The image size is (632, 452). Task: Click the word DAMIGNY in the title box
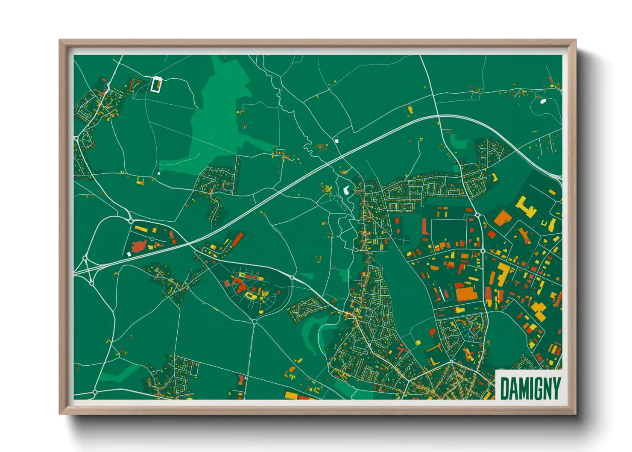coord(530,388)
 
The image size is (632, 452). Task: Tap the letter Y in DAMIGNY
coord(555,388)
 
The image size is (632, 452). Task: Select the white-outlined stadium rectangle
coord(157,84)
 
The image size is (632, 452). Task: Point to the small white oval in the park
coord(543,101)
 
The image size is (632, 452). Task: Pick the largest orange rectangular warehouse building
coord(465,294)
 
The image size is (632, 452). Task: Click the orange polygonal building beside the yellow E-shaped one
coord(503,217)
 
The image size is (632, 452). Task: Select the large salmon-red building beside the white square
coord(139,247)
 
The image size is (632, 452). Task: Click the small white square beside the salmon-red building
coord(129,254)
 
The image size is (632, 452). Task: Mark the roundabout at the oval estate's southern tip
coord(255,321)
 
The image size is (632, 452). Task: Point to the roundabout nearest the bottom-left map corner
coord(95,392)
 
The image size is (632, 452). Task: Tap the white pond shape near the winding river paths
coord(347,190)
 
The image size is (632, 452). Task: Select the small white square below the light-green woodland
coord(158,173)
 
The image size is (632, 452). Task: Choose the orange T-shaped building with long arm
coord(435,349)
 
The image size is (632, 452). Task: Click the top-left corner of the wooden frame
coord(60,41)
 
